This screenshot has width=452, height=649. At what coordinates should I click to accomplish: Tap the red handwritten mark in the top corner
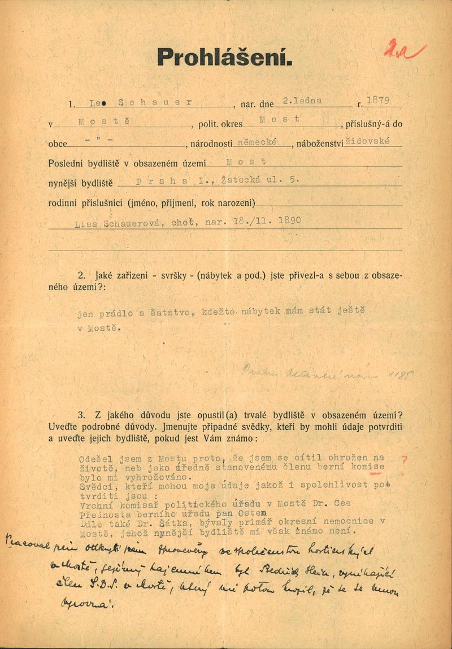pos(404,51)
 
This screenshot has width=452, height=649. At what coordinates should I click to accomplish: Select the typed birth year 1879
pos(379,101)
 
